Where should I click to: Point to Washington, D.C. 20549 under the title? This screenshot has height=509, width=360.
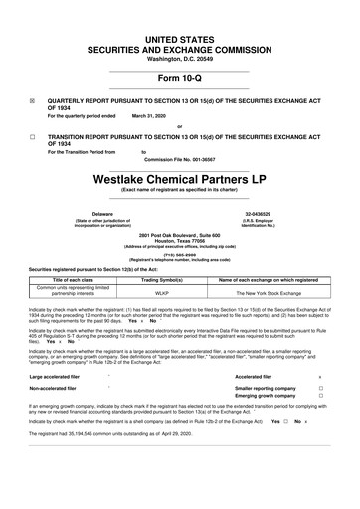coord(180,58)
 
